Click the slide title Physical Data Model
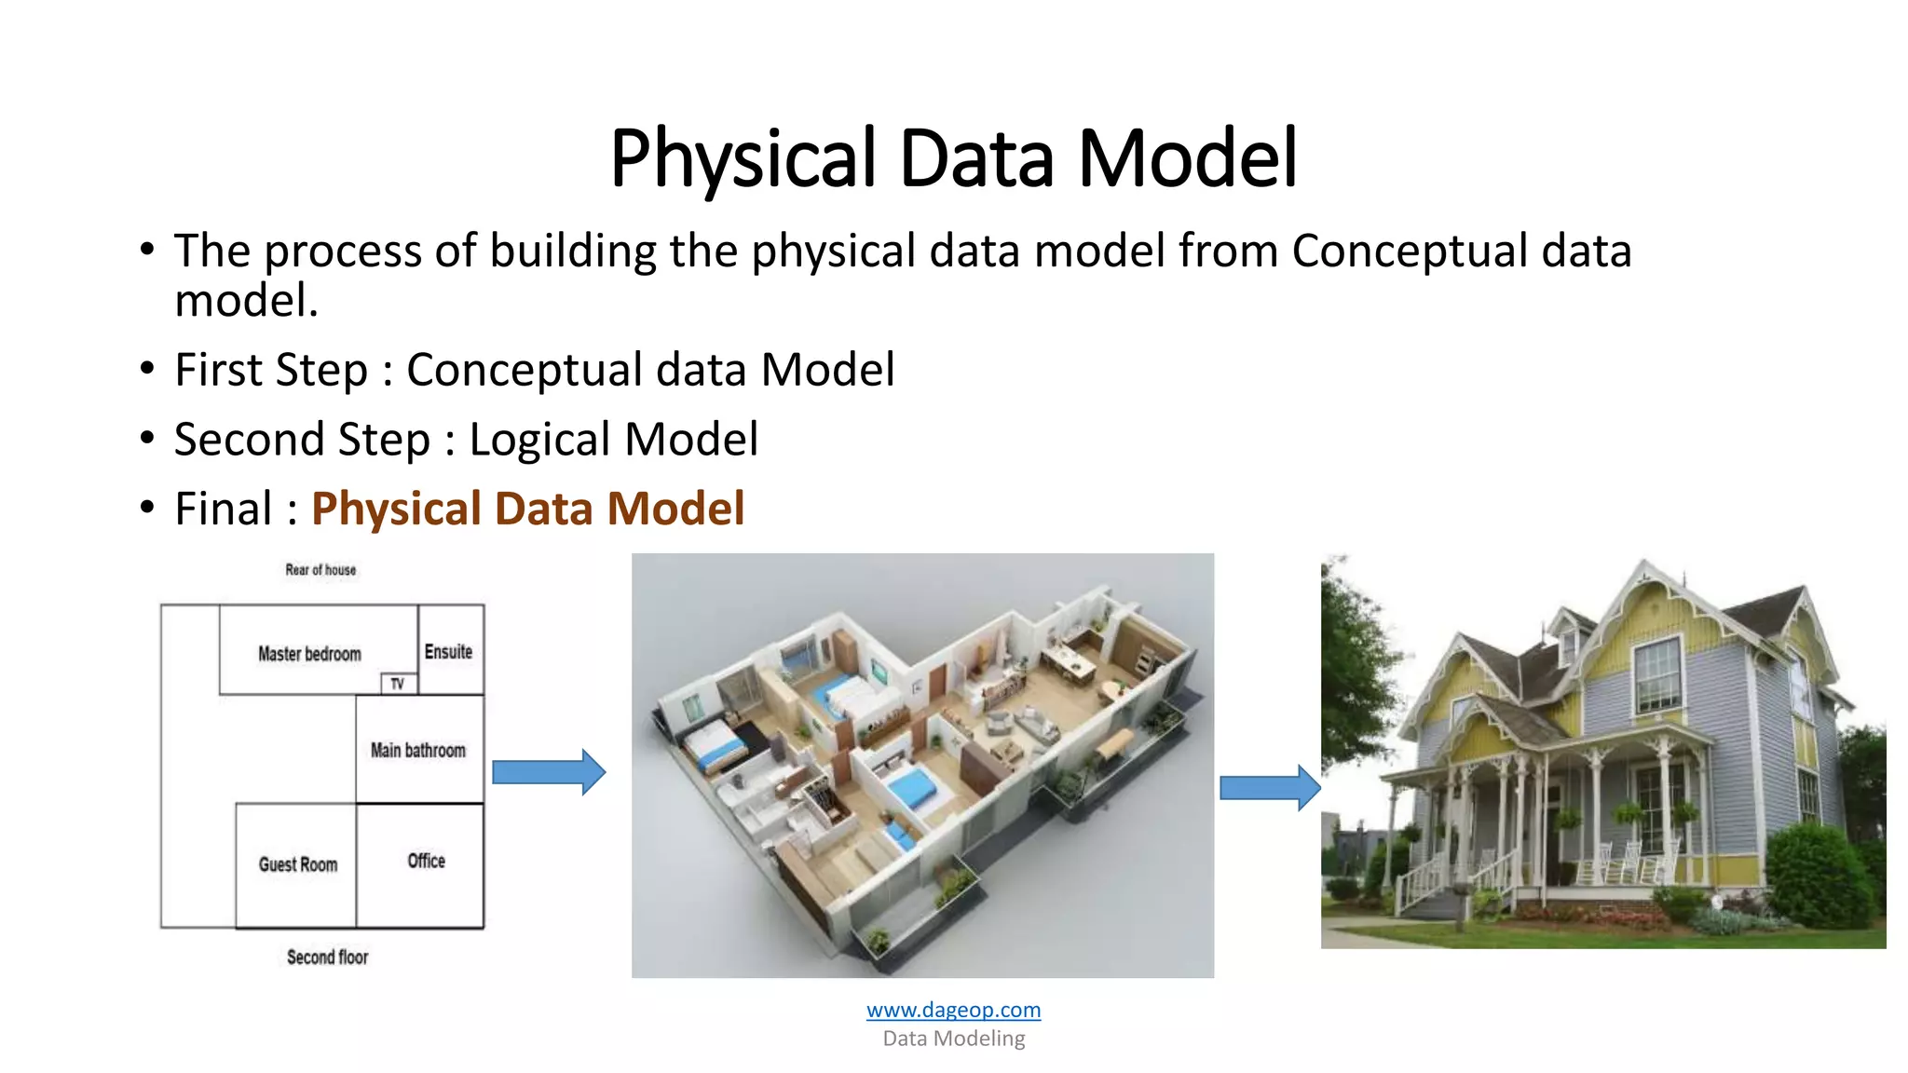pyautogui.click(x=953, y=157)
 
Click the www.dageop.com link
pyautogui.click(x=953, y=1010)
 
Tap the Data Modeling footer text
pyautogui.click(x=953, y=1039)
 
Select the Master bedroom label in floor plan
pyautogui.click(x=309, y=654)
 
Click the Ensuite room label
pyautogui.click(x=448, y=652)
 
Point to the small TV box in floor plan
pyautogui.click(x=399, y=684)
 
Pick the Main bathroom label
pyautogui.click(x=417, y=750)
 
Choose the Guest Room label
pyautogui.click(x=298, y=864)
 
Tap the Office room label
pyautogui.click(x=426, y=861)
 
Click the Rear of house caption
pyautogui.click(x=320, y=570)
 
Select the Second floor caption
pyautogui.click(x=327, y=958)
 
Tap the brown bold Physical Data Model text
pyautogui.click(x=527, y=509)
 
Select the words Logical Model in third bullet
pyautogui.click(x=613, y=440)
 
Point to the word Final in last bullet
pyautogui.click(x=224, y=509)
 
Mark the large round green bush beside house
pyautogui.click(x=1818, y=876)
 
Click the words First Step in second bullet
pyautogui.click(x=271, y=370)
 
